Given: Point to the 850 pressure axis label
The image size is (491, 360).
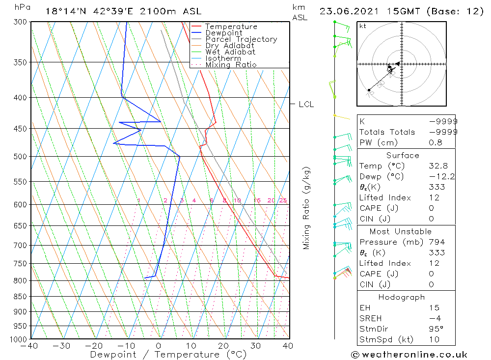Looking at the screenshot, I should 20,297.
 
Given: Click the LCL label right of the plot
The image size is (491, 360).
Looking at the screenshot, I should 306,104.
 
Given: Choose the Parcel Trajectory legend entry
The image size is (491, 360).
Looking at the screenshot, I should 241,39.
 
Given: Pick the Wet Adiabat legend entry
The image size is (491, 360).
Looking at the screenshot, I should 230,52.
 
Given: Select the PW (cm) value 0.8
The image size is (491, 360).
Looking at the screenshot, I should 436,142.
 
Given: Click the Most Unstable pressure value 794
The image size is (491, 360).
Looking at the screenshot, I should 436,242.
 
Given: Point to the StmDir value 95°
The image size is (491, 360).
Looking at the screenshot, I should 436,329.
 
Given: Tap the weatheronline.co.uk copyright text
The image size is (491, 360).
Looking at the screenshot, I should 409,355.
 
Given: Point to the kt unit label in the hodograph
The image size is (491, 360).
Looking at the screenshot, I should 363,26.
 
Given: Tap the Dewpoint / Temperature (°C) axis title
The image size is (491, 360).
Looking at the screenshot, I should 168,354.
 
